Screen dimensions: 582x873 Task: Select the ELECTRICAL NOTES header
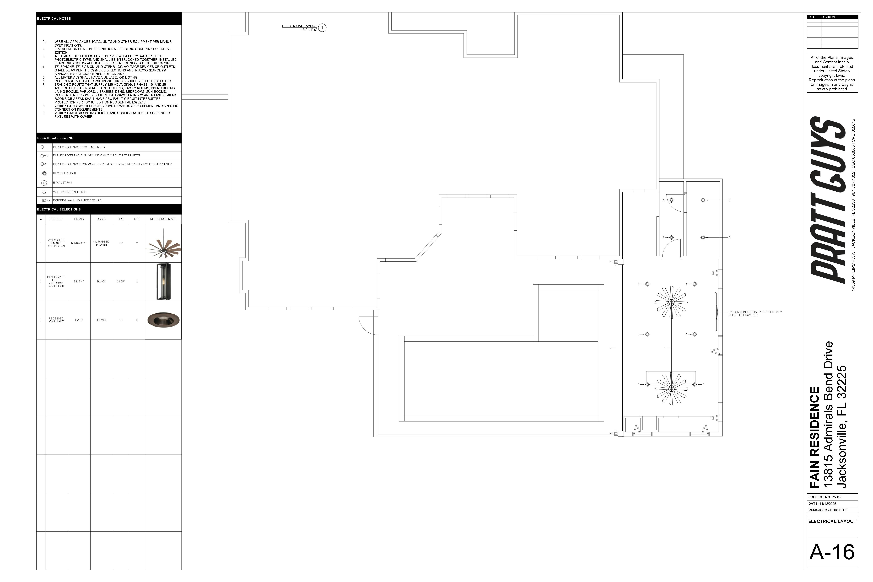54,19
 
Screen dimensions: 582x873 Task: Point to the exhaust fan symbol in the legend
44,183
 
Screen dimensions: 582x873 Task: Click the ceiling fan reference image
163,243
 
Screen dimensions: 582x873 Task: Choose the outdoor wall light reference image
163,282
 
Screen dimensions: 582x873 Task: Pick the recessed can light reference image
163,320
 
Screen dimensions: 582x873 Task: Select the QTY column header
137,219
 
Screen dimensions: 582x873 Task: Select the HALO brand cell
79,320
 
